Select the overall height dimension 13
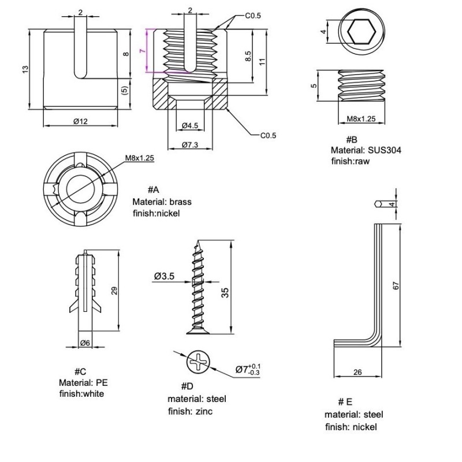25,69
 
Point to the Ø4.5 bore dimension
190,125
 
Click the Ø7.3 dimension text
190,145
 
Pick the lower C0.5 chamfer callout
268,136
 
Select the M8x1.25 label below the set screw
361,119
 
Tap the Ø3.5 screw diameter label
165,277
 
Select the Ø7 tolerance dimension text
248,370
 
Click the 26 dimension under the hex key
357,372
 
